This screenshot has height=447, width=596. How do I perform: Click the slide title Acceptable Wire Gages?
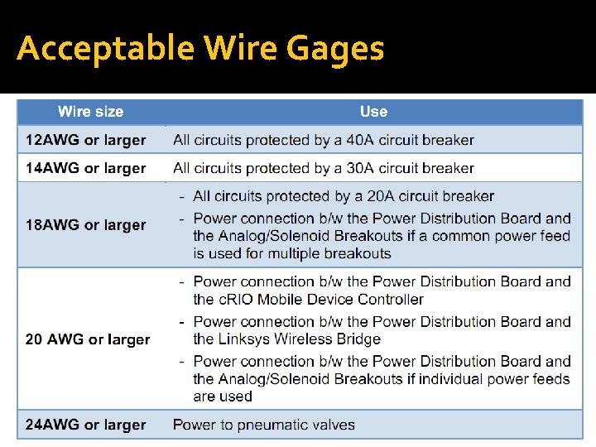click(200, 49)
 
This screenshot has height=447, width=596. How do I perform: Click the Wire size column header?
click(90, 112)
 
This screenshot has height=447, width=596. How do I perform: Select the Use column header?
click(373, 112)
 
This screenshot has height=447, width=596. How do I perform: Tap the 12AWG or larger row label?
click(85, 140)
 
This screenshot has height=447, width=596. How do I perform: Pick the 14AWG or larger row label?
click(85, 168)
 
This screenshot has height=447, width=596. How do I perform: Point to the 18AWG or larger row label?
click(85, 224)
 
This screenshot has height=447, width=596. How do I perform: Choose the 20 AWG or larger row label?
click(88, 339)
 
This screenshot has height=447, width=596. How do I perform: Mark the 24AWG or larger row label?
click(85, 425)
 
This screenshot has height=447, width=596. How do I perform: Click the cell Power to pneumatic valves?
click(263, 425)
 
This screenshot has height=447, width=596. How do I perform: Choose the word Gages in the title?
click(335, 49)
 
